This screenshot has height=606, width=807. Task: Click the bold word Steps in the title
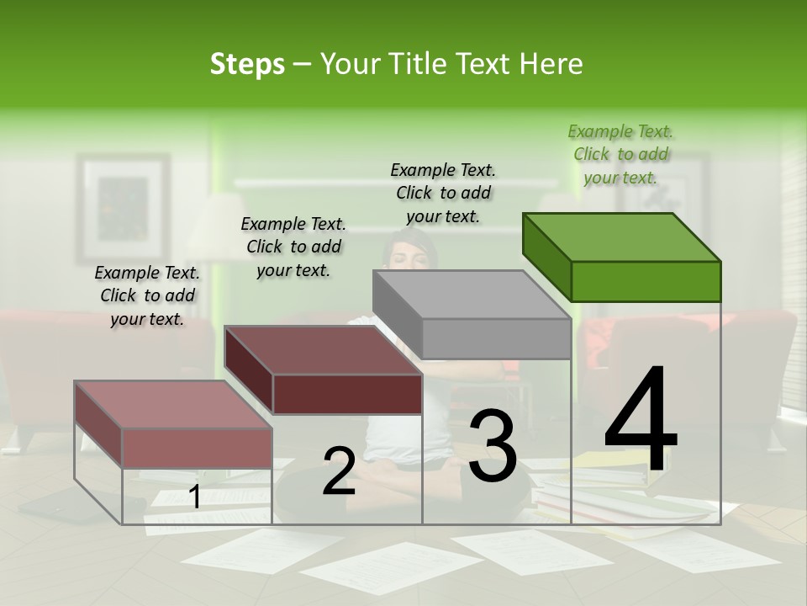coord(247,64)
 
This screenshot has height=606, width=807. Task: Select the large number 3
coord(493,446)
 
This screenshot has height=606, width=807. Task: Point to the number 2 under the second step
coord(339,471)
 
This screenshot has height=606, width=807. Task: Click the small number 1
coord(194,497)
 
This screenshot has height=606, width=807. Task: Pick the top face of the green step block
coord(622,237)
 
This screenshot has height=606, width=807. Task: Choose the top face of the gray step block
coord(471,295)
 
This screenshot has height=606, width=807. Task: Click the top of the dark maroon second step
coord(324,349)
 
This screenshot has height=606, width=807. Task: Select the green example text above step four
coord(620,154)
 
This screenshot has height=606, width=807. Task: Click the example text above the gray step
coord(443,193)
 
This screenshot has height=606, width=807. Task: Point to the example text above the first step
coord(147,295)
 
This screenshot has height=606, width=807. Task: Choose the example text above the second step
coord(293,247)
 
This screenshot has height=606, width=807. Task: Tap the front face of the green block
coord(646,281)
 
